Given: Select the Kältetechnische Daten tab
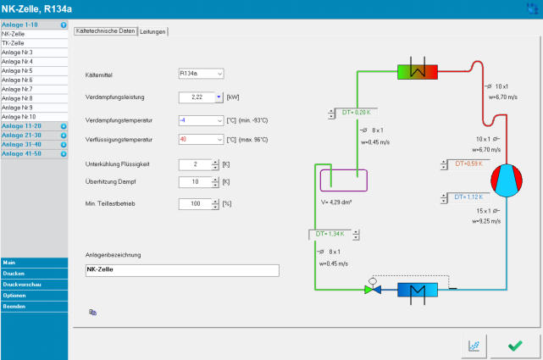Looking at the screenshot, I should click(x=105, y=31).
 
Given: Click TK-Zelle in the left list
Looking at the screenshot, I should click(x=14, y=42).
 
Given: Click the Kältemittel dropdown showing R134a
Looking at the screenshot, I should click(x=201, y=75).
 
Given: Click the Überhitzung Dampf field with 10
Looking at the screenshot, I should click(x=194, y=182).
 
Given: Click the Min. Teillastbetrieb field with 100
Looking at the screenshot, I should click(x=194, y=204).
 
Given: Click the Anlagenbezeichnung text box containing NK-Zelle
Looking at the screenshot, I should click(x=181, y=270).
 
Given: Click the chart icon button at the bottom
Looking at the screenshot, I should click(x=474, y=345).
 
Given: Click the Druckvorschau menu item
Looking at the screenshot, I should click(x=23, y=285).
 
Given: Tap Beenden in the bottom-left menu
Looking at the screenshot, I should click(x=14, y=306).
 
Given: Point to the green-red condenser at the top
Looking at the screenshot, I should click(x=417, y=73).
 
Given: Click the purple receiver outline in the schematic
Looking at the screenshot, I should click(x=343, y=180).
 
